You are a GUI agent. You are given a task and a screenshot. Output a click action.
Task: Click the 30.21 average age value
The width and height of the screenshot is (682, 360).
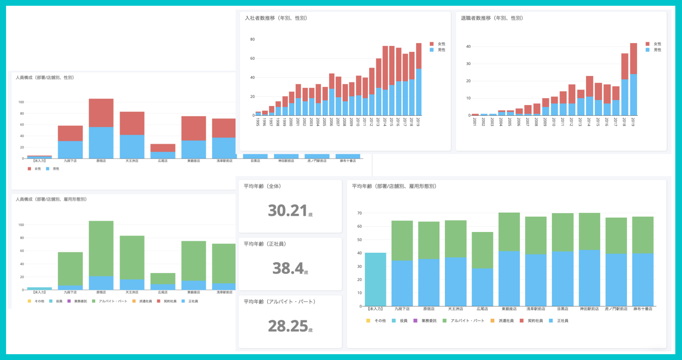tap(288, 211)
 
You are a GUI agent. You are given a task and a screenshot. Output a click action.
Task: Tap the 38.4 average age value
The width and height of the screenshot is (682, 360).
tap(288, 268)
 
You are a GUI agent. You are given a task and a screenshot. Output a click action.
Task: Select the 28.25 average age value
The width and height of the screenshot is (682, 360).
tap(288, 326)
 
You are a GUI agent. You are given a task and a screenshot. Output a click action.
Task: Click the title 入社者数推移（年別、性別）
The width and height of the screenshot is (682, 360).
tap(276, 18)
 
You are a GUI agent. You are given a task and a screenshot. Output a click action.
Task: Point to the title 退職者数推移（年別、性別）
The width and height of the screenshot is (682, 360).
tap(492, 18)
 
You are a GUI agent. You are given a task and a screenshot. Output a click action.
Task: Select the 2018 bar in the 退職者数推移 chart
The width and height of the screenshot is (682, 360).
tap(625, 85)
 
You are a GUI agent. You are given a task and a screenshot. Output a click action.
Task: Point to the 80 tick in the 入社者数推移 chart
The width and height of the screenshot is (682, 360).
tap(252, 39)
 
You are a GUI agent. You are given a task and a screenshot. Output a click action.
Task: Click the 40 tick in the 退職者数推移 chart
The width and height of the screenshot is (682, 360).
tap(468, 47)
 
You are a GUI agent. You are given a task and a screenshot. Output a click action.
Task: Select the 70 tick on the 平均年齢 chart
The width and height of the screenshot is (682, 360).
tap(360, 213)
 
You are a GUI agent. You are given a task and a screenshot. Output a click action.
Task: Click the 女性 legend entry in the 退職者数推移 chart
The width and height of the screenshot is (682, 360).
tap(654, 44)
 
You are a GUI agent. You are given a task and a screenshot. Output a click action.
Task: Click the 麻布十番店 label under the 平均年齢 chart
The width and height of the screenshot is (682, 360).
tap(643, 309)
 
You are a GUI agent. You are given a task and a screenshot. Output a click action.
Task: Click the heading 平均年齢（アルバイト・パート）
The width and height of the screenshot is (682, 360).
tap(279, 302)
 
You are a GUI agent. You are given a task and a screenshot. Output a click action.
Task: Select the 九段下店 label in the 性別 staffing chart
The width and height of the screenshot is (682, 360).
tap(70, 161)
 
